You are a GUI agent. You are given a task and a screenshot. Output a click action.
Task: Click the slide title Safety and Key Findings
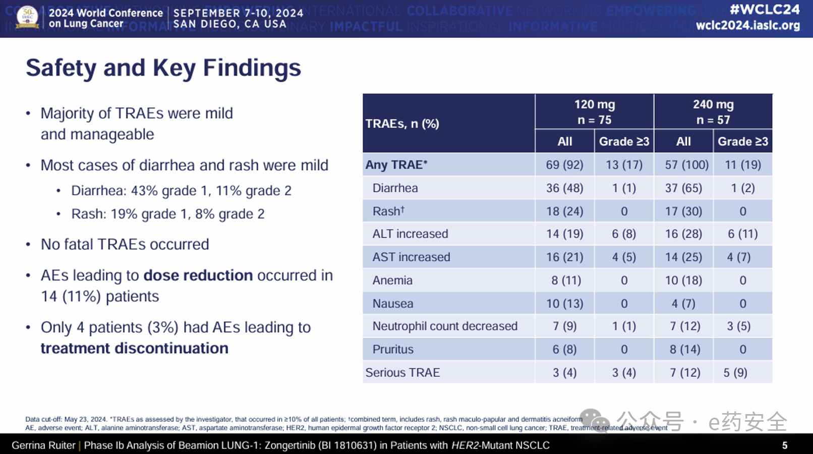[163, 68]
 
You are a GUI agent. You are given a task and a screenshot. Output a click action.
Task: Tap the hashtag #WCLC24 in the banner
[765, 10]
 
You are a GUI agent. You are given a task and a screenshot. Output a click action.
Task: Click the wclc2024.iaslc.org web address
[747, 25]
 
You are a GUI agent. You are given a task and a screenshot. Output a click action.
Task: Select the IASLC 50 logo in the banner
[28, 17]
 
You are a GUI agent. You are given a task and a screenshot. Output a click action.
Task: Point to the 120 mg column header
[594, 111]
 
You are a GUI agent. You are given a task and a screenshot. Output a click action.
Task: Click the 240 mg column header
[713, 111]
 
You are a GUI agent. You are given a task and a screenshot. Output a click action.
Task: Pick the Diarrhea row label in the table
[395, 188]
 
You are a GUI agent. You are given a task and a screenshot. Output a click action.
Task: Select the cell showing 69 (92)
[564, 165]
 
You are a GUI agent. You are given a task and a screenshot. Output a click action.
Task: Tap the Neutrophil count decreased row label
[445, 326]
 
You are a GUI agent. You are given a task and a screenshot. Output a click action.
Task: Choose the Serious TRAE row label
[402, 373]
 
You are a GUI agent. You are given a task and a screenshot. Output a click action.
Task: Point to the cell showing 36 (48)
[564, 188]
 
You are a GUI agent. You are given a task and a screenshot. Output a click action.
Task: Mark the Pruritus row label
[393, 350]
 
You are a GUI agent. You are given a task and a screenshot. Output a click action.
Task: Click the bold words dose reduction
[198, 275]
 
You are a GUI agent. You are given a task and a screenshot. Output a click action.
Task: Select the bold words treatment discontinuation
[134, 349]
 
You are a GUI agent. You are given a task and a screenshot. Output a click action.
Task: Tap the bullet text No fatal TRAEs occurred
[125, 245]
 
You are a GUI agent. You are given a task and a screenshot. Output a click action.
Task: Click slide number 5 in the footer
[784, 445]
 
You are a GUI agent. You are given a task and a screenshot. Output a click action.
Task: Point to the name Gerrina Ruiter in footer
[43, 445]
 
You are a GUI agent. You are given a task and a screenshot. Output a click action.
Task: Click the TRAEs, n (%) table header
[402, 124]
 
